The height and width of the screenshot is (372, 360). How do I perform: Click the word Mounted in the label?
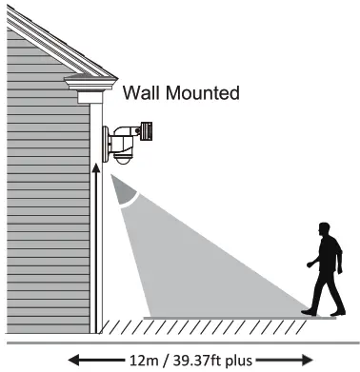[203, 93]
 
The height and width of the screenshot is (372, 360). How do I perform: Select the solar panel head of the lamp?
[145, 128]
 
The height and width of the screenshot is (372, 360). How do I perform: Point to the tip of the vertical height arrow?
[95, 163]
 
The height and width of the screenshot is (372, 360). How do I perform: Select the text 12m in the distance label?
[138, 359]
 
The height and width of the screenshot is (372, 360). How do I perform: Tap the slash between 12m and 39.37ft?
[165, 359]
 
